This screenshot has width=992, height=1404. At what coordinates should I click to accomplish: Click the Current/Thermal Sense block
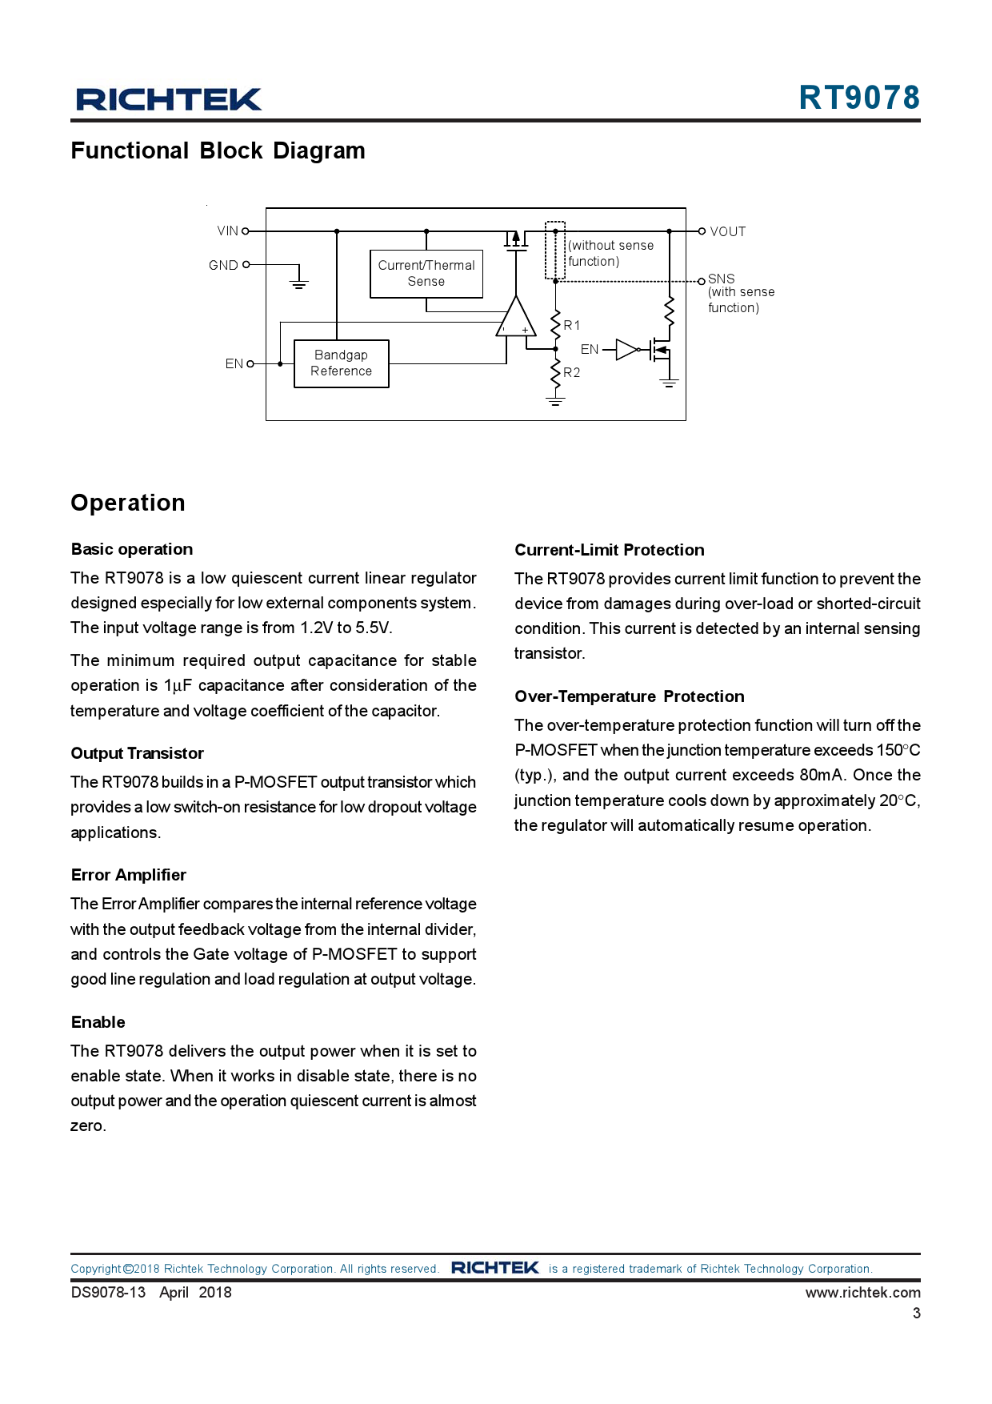point(426,274)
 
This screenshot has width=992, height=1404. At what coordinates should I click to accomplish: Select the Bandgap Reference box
point(341,363)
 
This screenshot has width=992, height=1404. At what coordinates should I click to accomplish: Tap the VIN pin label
point(228,231)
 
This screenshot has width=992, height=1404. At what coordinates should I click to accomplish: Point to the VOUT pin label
point(728,232)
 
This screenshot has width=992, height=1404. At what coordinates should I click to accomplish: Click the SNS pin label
point(722,279)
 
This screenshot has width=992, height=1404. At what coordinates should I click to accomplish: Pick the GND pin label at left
point(223,265)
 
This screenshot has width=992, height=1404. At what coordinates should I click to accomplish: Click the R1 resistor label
point(572,325)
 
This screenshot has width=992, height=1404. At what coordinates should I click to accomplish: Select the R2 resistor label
point(572,372)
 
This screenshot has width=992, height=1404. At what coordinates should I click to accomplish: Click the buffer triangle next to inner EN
point(626,350)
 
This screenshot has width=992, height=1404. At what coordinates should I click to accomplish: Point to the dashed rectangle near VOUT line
point(555,251)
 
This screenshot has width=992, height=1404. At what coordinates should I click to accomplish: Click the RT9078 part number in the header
point(859,98)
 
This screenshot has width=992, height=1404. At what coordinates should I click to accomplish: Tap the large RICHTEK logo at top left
point(169,99)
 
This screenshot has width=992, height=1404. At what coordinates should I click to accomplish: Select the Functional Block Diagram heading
point(218,150)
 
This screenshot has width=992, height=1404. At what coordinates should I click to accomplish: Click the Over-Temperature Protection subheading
point(630,696)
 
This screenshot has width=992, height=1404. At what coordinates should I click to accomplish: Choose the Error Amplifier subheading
point(128,875)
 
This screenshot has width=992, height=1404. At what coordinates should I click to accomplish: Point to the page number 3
point(917,1313)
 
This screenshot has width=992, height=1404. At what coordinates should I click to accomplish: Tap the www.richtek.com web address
point(862,1292)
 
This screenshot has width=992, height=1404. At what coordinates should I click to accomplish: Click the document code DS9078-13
point(108,1292)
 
